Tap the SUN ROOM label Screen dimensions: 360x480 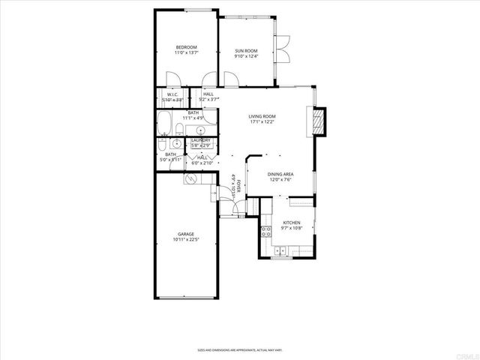point(245,51)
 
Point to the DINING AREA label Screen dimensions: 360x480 point(280,175)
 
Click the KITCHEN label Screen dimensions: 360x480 point(291,223)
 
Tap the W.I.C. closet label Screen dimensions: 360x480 point(172,94)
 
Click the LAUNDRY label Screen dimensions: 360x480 point(200,140)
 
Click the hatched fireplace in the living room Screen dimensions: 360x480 point(319,121)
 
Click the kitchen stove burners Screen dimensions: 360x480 point(265,231)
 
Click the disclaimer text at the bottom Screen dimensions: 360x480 point(239,349)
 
